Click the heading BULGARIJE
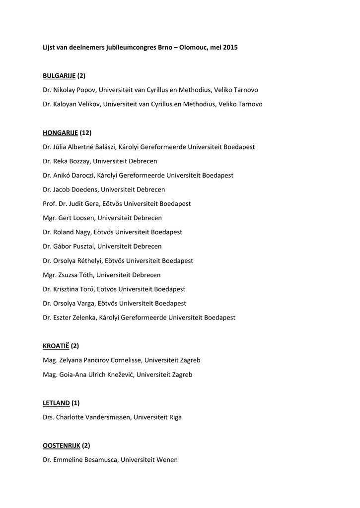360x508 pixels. click(x=59, y=75)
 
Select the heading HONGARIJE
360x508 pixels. click(x=60, y=132)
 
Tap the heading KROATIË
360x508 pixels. click(x=56, y=346)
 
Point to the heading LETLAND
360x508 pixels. click(x=56, y=403)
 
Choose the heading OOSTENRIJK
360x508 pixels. click(x=62, y=445)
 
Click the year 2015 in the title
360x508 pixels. click(x=230, y=47)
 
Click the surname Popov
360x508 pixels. click(x=87, y=90)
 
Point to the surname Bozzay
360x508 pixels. click(x=79, y=161)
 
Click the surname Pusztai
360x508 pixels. click(x=82, y=246)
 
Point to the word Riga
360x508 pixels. click(x=174, y=417)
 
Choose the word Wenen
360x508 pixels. click(x=167, y=460)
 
